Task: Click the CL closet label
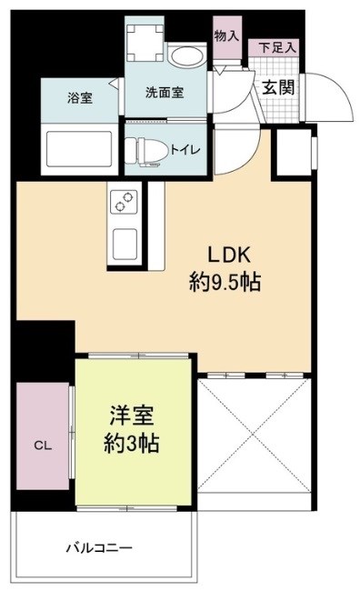(x=42, y=446)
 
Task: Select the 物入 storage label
(x=225, y=35)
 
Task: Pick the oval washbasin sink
(x=189, y=58)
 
